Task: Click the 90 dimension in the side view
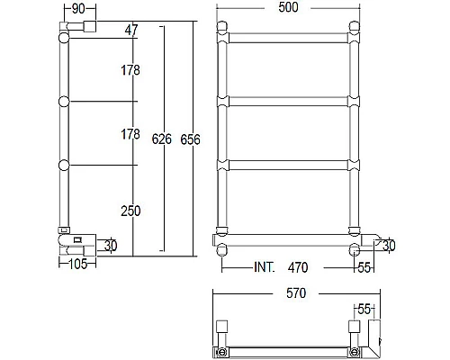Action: point(77,8)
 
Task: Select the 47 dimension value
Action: point(131,31)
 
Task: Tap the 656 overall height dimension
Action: point(190,140)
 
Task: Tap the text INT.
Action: point(265,267)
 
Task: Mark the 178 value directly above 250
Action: point(131,134)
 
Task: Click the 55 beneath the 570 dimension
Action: point(365,309)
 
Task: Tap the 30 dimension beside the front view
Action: point(388,246)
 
